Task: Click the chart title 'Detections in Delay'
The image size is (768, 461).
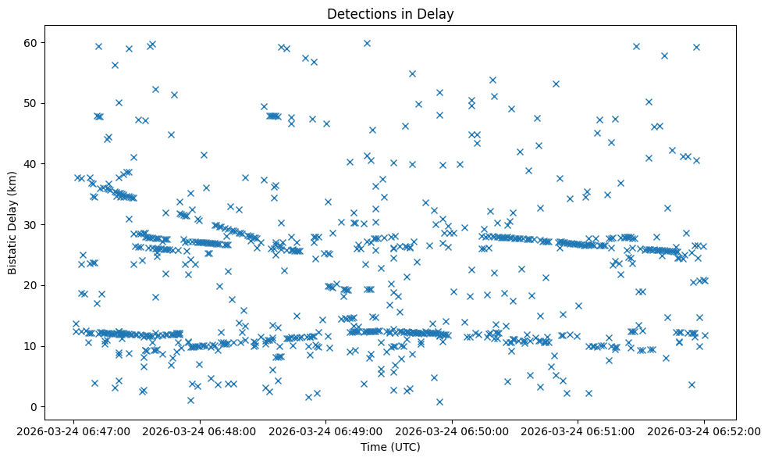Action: pyautogui.click(x=390, y=14)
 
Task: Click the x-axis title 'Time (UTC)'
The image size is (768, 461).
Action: pyautogui.click(x=390, y=447)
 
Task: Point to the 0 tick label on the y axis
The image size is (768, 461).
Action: pyautogui.click(x=34, y=407)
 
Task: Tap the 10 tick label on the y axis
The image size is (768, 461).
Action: pyautogui.click(x=30, y=346)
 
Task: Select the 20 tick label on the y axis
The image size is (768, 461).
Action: pyautogui.click(x=30, y=285)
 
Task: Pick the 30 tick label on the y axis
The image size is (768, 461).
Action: pyautogui.click(x=30, y=224)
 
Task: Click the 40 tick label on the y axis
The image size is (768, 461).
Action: pyautogui.click(x=30, y=163)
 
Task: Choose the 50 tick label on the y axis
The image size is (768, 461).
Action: pyautogui.click(x=30, y=103)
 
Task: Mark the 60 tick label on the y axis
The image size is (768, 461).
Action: pyautogui.click(x=30, y=42)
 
